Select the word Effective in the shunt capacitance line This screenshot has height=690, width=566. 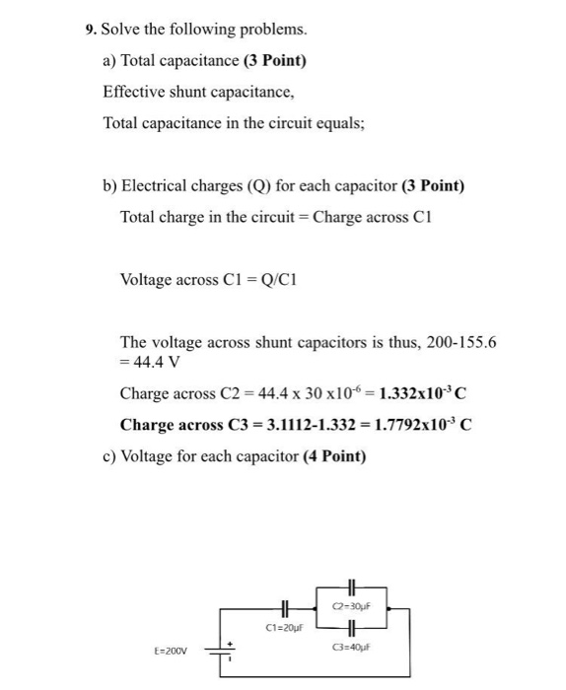pos(135,92)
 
